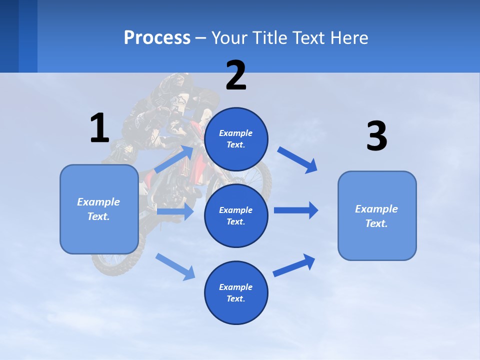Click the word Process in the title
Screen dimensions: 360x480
point(157,38)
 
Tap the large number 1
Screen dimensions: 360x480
point(99,128)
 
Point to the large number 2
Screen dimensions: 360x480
point(236,75)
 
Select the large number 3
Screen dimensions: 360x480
point(376,136)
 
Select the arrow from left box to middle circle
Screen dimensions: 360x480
point(175,211)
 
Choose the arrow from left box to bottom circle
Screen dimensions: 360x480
point(175,266)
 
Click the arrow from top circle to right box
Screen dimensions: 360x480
point(298,160)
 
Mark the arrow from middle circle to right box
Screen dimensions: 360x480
point(296,210)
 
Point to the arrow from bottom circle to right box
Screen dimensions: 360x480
point(294,265)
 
